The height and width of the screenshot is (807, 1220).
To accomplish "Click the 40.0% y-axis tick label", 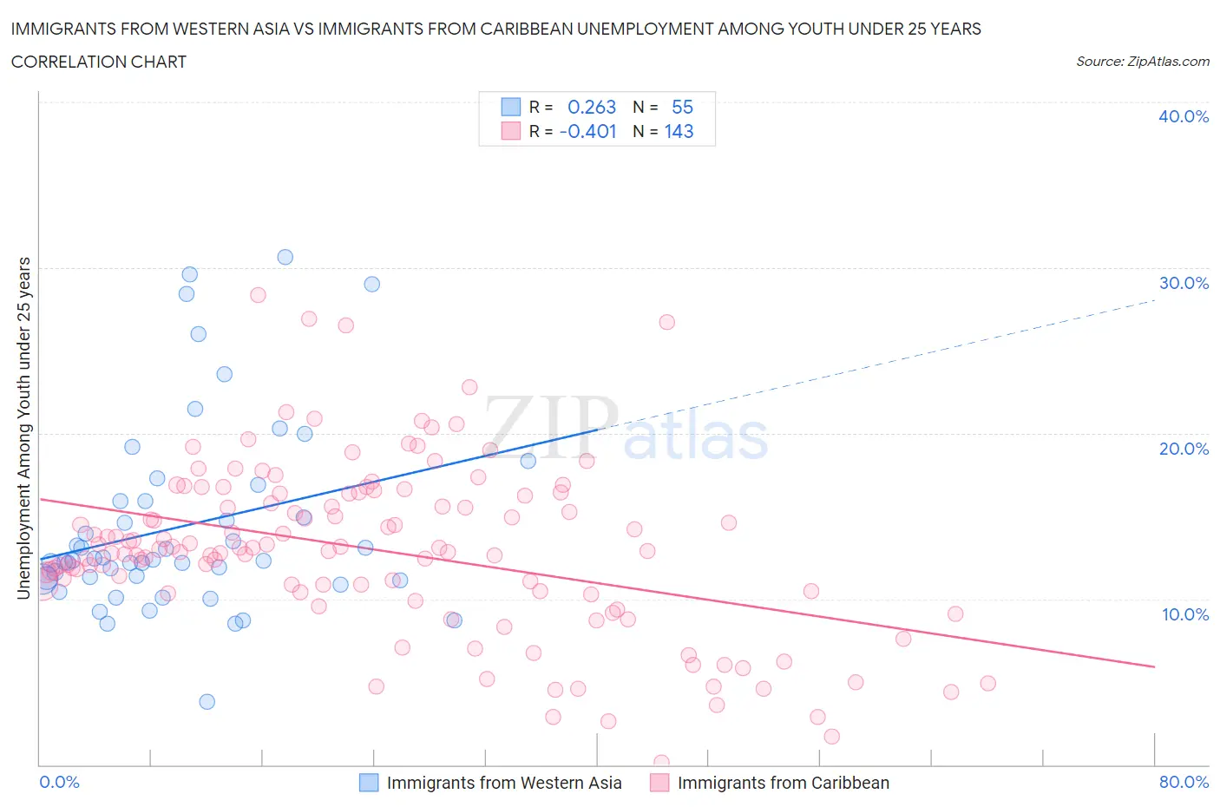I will point(1184,116).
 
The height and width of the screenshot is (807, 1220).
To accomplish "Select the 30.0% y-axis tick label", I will point(1184,283).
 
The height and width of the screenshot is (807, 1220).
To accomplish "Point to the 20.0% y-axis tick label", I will point(1184,449).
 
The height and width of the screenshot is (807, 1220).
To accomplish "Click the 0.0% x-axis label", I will point(59,782).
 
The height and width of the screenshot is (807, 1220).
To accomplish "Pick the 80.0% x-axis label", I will point(1184,782).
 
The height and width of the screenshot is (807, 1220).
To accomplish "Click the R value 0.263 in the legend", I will point(591,107).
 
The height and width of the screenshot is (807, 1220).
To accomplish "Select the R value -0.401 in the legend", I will point(587,131).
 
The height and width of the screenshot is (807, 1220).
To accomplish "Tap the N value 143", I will point(679,131).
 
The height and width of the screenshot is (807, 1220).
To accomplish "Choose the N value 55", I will point(682,107).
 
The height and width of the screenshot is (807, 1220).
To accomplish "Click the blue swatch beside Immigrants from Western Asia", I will point(369,783).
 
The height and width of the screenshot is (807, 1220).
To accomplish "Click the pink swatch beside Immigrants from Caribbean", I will point(659,783).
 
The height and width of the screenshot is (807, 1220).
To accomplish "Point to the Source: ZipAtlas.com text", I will point(1142,62).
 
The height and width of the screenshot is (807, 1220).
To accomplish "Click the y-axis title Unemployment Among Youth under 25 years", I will point(24,428).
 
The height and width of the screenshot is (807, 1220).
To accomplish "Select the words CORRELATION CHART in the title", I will point(99,62).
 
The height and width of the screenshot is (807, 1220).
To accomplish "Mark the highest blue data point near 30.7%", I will point(285,257).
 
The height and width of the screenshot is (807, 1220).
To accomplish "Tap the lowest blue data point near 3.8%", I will point(207,701).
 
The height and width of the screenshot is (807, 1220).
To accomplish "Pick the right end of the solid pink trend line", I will point(1155,666).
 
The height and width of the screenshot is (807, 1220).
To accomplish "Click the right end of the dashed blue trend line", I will point(1155,300).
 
